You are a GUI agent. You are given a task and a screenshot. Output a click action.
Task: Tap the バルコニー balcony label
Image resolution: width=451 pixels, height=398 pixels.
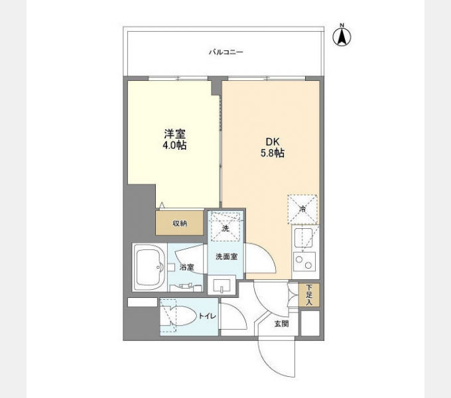click(225, 52)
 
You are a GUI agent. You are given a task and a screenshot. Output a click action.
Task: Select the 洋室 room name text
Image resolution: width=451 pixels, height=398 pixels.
click(174, 134)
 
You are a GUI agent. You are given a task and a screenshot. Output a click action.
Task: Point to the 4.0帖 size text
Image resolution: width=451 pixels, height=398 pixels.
click(174, 145)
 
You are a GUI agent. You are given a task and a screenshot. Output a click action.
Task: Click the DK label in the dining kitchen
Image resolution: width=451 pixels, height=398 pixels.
click(273, 142)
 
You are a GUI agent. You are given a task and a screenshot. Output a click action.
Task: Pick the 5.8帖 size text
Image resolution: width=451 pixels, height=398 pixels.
click(273, 153)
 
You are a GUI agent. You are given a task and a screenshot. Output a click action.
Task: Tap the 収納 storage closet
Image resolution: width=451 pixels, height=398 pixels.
click(180, 223)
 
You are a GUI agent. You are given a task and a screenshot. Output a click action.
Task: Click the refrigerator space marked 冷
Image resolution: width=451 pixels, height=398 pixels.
click(302, 210)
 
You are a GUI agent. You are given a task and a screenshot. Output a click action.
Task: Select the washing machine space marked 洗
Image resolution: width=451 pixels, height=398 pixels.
click(225, 227)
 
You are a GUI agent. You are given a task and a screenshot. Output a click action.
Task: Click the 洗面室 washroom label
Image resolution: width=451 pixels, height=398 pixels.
click(226, 257)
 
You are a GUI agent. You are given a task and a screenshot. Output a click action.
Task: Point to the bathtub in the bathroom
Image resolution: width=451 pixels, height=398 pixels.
click(150, 267)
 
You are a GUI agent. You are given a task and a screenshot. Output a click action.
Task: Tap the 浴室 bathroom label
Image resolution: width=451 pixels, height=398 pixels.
click(186, 267)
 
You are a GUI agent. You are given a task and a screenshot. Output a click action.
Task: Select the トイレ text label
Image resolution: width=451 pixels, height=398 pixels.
click(208, 316)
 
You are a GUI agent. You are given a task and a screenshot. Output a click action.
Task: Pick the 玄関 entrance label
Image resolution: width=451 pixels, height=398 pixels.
click(281, 324)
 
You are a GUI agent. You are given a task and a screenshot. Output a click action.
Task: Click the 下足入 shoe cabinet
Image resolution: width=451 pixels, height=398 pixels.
click(309, 295)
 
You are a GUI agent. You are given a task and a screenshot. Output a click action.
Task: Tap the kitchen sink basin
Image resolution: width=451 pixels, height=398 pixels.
click(303, 237)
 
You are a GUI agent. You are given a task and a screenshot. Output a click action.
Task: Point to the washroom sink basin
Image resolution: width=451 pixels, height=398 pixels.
click(222, 285)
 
